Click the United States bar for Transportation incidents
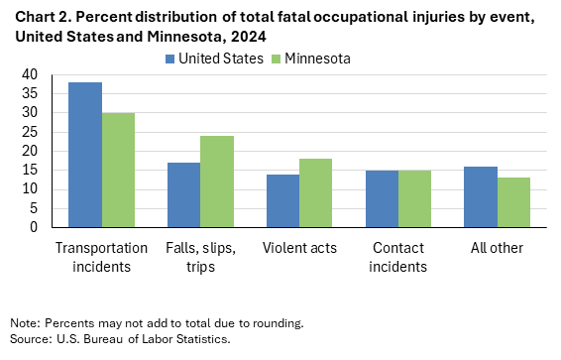click(85, 155)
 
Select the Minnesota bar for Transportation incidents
click(118, 170)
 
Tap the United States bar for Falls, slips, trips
click(184, 194)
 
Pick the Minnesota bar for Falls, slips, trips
click(217, 181)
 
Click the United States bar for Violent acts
click(283, 200)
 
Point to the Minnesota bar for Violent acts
click(316, 192)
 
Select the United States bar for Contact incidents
click(382, 198)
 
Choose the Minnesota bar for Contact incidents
click(414, 198)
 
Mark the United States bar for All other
click(481, 196)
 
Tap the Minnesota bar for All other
click(513, 202)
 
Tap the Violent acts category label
click(299, 247)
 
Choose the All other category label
click(497, 247)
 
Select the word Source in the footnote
click(29, 339)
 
